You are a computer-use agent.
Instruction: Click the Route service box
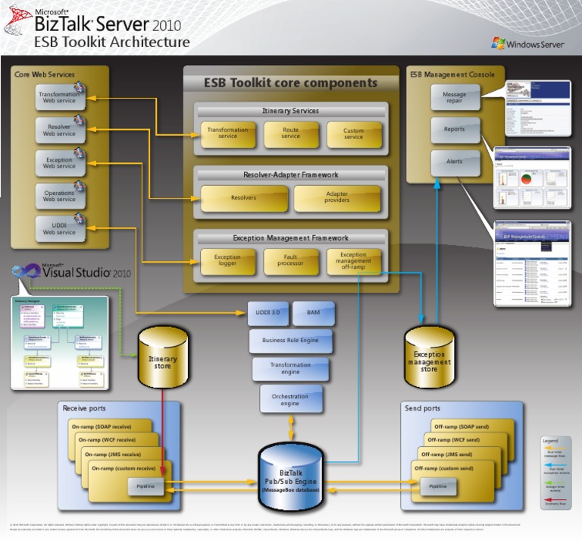(290, 134)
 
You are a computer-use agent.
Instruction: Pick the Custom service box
(353, 134)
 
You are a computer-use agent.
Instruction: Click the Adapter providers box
(336, 197)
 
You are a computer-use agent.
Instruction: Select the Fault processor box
(290, 261)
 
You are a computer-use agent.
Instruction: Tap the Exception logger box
(227, 261)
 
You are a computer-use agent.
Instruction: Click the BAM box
(313, 313)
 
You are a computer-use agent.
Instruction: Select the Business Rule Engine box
(291, 341)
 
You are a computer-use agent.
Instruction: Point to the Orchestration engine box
(290, 399)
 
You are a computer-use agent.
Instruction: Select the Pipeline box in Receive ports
(145, 486)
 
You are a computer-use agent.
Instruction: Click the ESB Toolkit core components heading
(290, 83)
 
